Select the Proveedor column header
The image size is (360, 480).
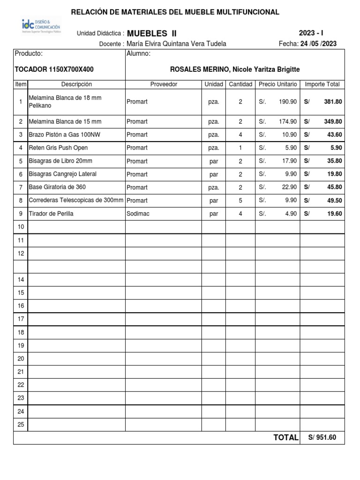[x=164, y=84]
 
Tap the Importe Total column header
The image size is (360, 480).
[x=322, y=84]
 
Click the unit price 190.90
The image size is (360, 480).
[x=287, y=101]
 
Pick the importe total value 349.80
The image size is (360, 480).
[x=333, y=121]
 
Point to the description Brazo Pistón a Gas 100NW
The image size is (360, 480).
[x=65, y=135]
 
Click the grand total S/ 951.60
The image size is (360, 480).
[x=322, y=438]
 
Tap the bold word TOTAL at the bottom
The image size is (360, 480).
[x=285, y=438]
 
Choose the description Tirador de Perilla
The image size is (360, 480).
[x=51, y=214]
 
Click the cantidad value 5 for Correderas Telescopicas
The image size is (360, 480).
[x=240, y=201]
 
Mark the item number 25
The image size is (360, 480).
[x=21, y=425]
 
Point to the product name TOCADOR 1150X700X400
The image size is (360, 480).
[x=54, y=69]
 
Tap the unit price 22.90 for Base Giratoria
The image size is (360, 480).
[x=289, y=187]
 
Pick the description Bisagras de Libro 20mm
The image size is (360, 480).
[x=60, y=161]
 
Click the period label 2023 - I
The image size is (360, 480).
[x=311, y=33]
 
